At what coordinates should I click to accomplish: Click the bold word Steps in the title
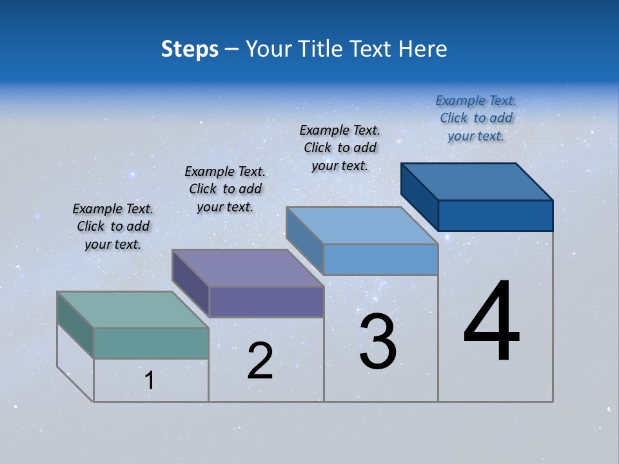click(x=190, y=49)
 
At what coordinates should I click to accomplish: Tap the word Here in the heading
click(x=423, y=49)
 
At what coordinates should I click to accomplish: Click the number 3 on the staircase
click(x=378, y=342)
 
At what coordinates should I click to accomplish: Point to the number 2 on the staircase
click(x=260, y=361)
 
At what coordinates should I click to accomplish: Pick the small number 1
click(x=149, y=381)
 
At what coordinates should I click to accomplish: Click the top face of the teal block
click(x=133, y=309)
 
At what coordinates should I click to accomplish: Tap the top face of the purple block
click(x=248, y=267)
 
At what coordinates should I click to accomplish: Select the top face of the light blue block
click(x=362, y=226)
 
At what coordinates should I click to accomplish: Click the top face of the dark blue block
click(x=477, y=181)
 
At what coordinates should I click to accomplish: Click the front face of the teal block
click(x=151, y=343)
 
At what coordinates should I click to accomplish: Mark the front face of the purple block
click(x=266, y=302)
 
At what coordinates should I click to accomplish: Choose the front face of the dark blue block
click(x=495, y=215)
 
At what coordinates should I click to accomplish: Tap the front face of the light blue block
click(x=380, y=259)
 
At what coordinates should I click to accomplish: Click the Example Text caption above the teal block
click(x=113, y=226)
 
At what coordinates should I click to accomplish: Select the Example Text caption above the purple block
click(x=225, y=189)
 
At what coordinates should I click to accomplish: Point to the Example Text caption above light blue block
click(x=340, y=148)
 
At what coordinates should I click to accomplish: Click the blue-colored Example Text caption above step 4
click(x=476, y=118)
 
